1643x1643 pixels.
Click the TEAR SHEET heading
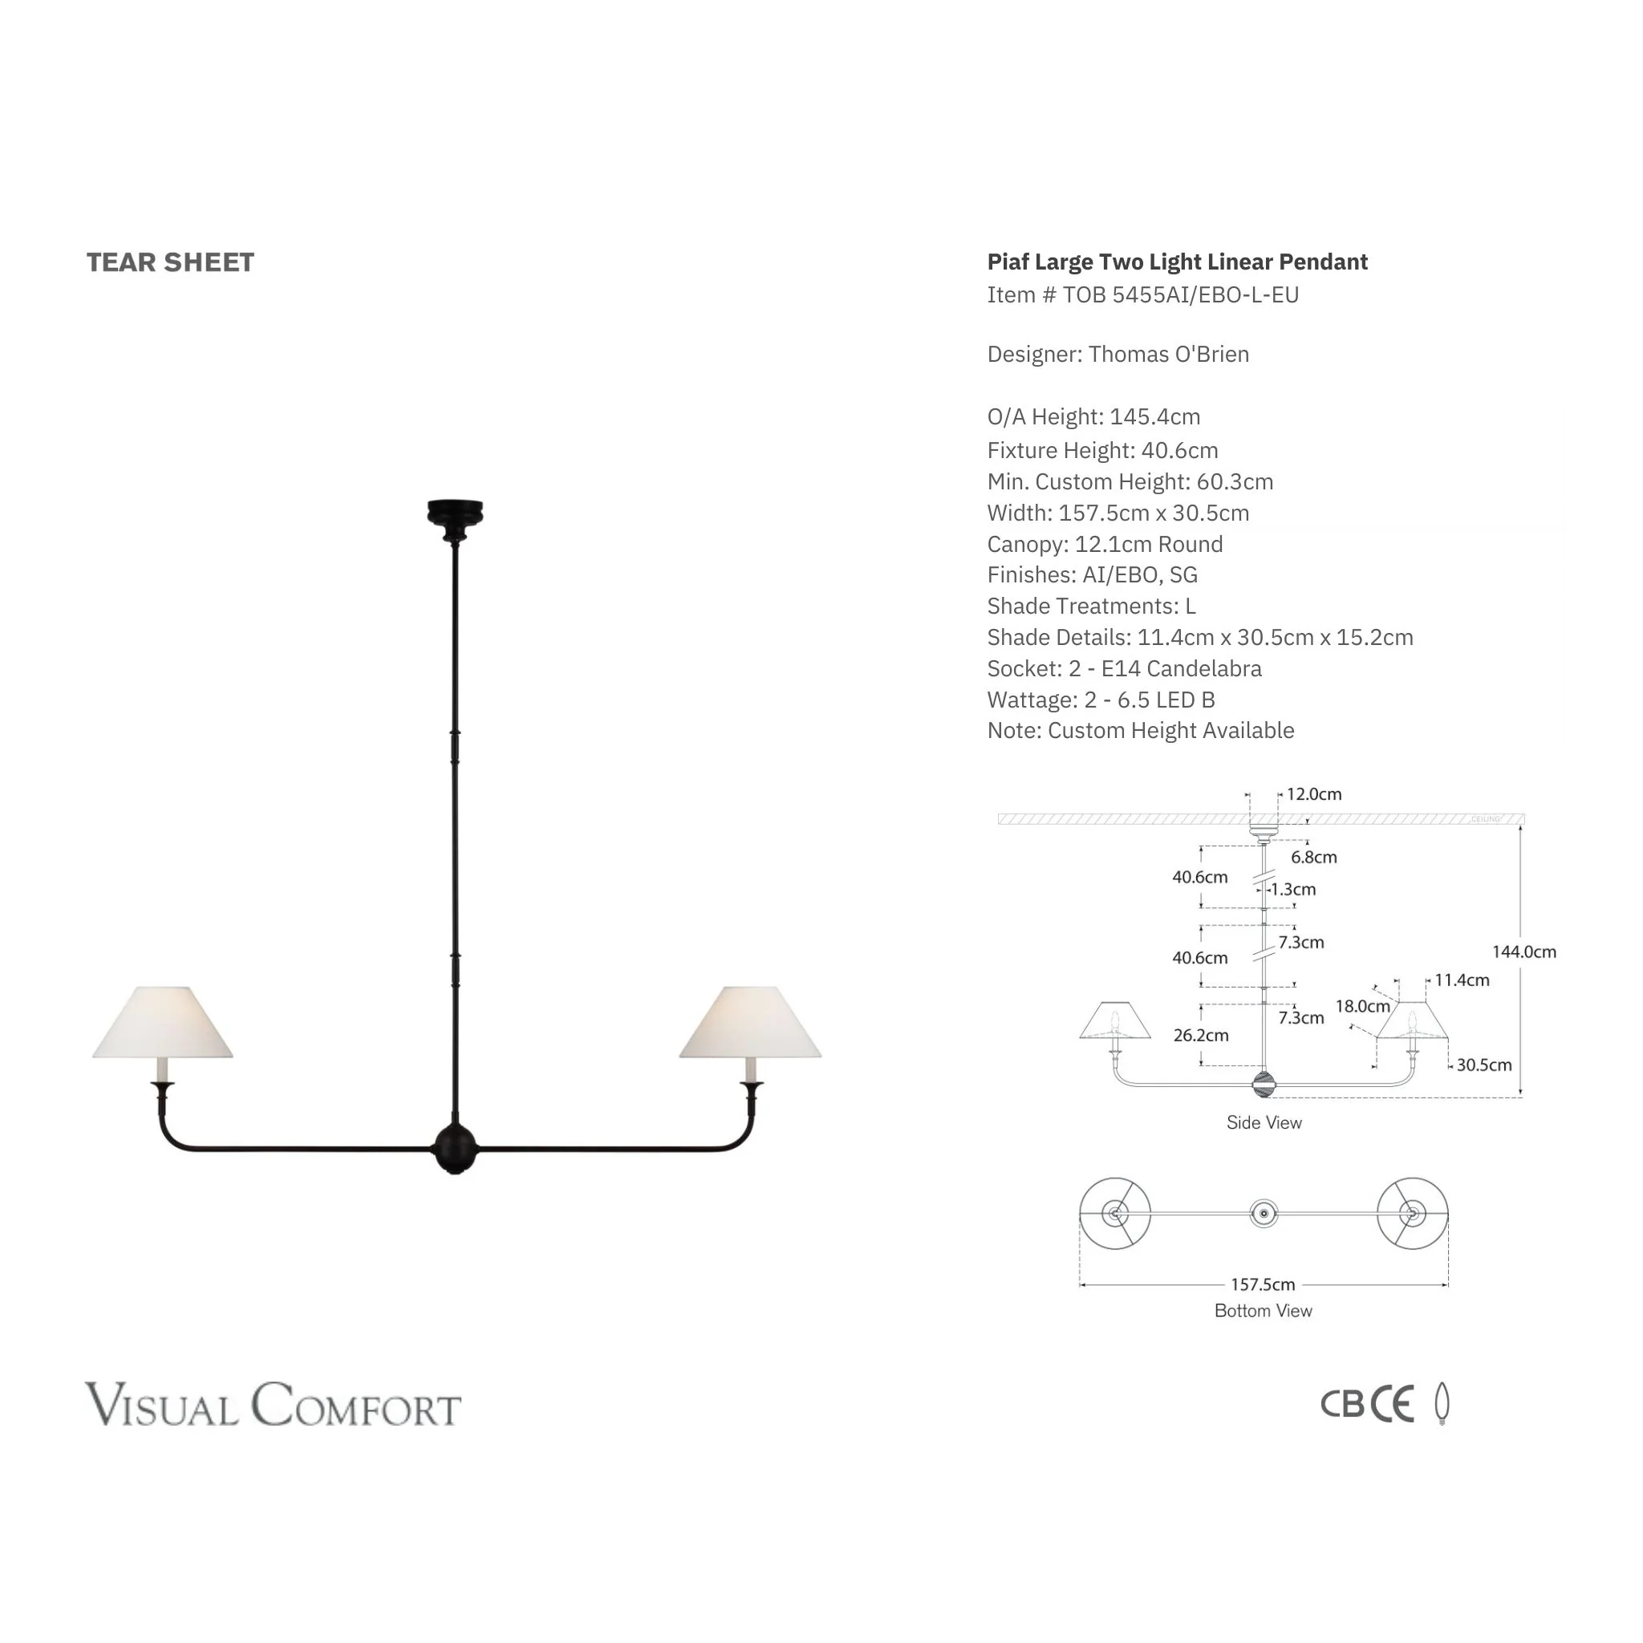170,263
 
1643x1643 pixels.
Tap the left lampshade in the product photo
162,1022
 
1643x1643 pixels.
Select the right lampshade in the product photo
750,1022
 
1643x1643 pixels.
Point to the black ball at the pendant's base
455,1148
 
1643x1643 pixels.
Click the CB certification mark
1343,1405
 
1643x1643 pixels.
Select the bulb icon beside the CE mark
1442,1403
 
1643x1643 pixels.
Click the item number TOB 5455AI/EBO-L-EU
1180,295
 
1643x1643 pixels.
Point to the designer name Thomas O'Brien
1168,355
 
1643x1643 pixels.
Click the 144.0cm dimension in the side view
1524,951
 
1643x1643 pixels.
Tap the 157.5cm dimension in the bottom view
1263,1284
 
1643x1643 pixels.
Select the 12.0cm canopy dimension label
1314,794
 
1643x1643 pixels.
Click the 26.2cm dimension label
1201,1035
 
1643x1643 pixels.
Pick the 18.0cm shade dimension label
1362,1006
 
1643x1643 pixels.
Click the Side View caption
1264,1122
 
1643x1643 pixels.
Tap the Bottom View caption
1263,1311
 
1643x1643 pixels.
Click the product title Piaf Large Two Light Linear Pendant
1177,262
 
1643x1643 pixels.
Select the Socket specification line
1124,668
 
